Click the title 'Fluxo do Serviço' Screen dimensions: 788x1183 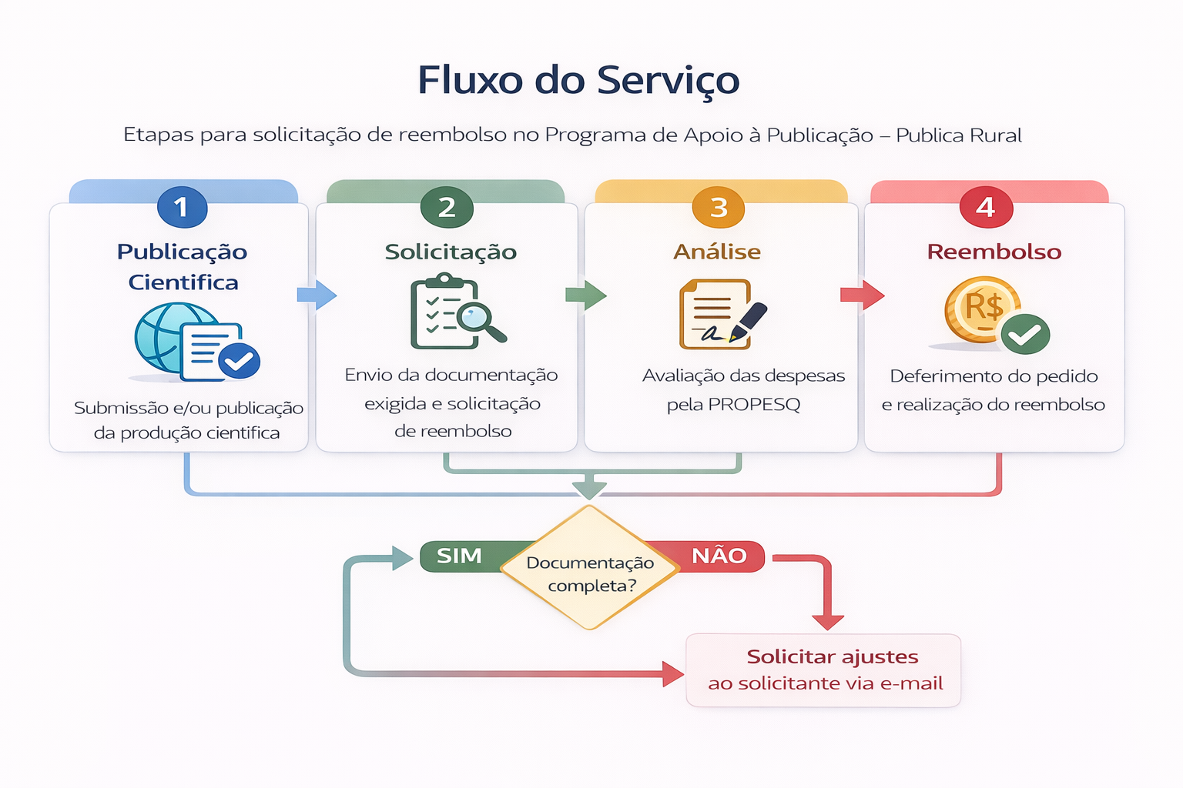point(578,81)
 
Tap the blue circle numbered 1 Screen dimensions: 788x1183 point(182,207)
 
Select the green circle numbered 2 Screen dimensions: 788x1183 point(447,207)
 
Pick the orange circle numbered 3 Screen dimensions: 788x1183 point(718,207)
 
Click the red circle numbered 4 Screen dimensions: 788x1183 point(985,207)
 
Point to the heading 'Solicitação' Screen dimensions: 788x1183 point(451,252)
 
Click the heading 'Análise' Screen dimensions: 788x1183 point(717,252)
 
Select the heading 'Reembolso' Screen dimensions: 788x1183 point(994,252)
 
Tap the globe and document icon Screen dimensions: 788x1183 point(196,342)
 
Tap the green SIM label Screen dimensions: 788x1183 point(460,556)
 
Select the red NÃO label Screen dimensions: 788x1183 point(719,556)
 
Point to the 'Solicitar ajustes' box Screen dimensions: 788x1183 point(823,669)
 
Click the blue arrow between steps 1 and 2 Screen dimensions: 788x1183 point(317,295)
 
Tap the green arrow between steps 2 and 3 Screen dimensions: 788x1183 point(586,295)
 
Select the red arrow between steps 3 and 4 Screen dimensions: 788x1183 point(862,295)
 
